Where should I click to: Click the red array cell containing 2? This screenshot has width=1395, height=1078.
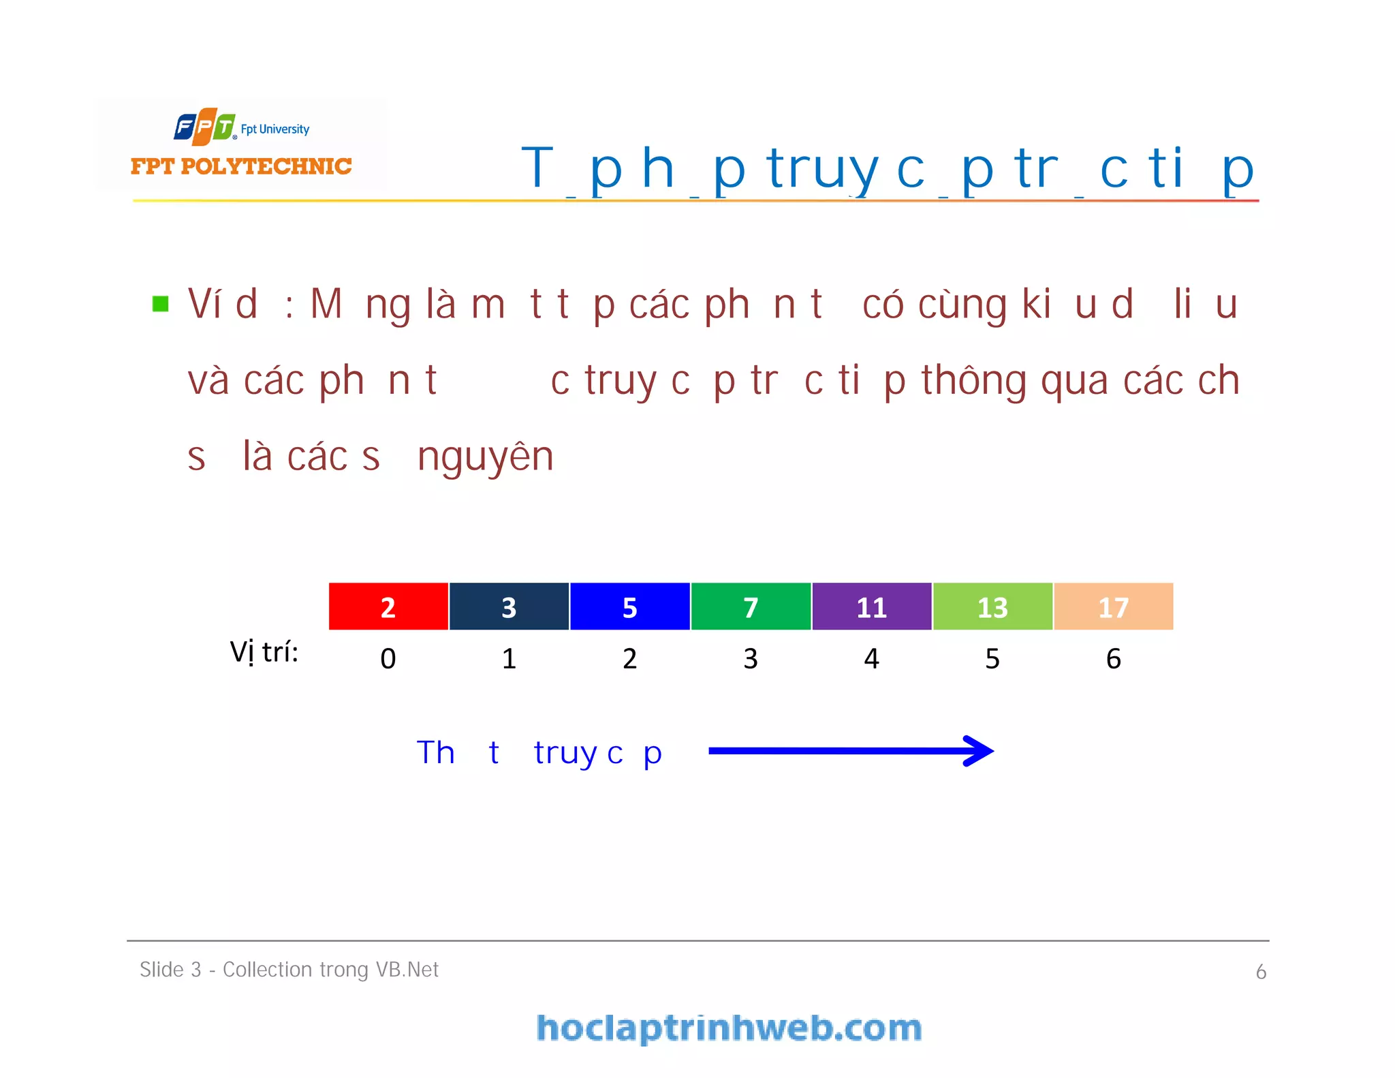[388, 606]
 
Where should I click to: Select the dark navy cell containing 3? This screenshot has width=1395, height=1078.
[509, 606]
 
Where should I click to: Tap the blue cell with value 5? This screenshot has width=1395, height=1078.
[630, 606]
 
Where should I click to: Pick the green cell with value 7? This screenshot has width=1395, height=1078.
[751, 606]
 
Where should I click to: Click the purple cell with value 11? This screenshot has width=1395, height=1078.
[872, 606]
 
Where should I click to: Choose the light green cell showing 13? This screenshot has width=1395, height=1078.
[992, 606]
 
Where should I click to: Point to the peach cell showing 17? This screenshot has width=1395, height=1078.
[1114, 606]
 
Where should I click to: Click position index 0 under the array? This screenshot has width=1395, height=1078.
[388, 658]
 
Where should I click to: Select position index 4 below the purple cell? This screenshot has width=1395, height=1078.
[872, 658]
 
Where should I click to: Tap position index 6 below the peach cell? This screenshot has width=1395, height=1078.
[1114, 658]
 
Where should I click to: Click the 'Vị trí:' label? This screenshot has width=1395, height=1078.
[264, 652]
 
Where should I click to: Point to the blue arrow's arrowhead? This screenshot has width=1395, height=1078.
[981, 751]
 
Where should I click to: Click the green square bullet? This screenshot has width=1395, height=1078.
[161, 303]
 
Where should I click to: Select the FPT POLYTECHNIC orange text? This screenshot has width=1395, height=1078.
[241, 166]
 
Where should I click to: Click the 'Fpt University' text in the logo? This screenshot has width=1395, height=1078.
[275, 129]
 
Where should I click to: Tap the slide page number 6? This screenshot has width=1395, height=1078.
[1261, 972]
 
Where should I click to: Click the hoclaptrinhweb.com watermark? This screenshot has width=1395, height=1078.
[729, 1028]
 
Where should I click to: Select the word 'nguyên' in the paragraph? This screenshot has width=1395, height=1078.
[485, 457]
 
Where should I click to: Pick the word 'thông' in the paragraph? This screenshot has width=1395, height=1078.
[974, 380]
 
